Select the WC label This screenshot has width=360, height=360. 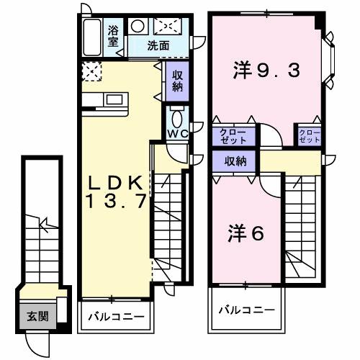(177, 134)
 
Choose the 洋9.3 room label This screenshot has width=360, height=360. (266, 71)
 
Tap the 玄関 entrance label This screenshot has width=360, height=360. (37, 316)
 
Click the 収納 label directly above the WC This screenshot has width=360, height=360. (178, 81)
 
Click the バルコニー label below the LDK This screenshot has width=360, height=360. (115, 316)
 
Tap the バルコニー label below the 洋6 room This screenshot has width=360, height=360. (246, 310)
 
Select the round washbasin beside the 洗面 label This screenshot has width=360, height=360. (138, 27)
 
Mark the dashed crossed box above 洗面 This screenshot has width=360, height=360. (168, 27)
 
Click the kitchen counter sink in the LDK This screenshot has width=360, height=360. (104, 99)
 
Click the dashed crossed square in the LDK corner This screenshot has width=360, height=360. (91, 71)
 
